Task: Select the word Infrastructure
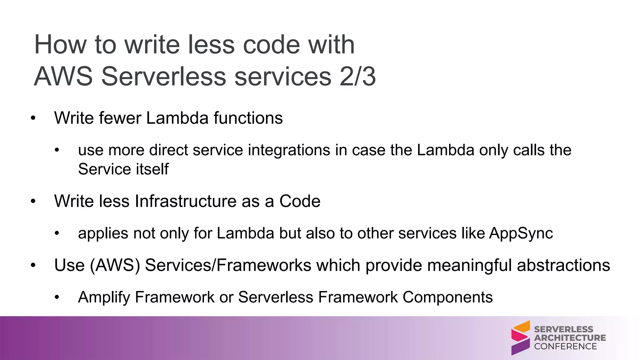pos(186,201)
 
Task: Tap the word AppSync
pos(521,233)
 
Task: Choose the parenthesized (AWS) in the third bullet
pos(115,265)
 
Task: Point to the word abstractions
pos(563,265)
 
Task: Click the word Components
pos(447,297)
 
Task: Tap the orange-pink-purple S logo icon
pos(520,338)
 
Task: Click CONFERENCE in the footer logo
pos(565,346)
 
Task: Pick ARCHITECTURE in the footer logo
pos(570,338)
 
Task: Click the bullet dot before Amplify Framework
pos(57,297)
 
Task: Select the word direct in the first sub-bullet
pos(168,150)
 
